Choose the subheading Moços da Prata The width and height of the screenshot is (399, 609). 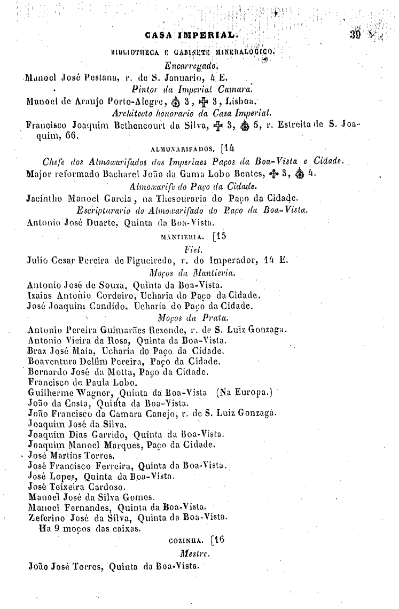coord(200,318)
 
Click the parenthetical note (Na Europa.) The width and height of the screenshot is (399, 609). coord(245,392)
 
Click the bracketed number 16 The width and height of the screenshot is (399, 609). coord(217,540)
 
